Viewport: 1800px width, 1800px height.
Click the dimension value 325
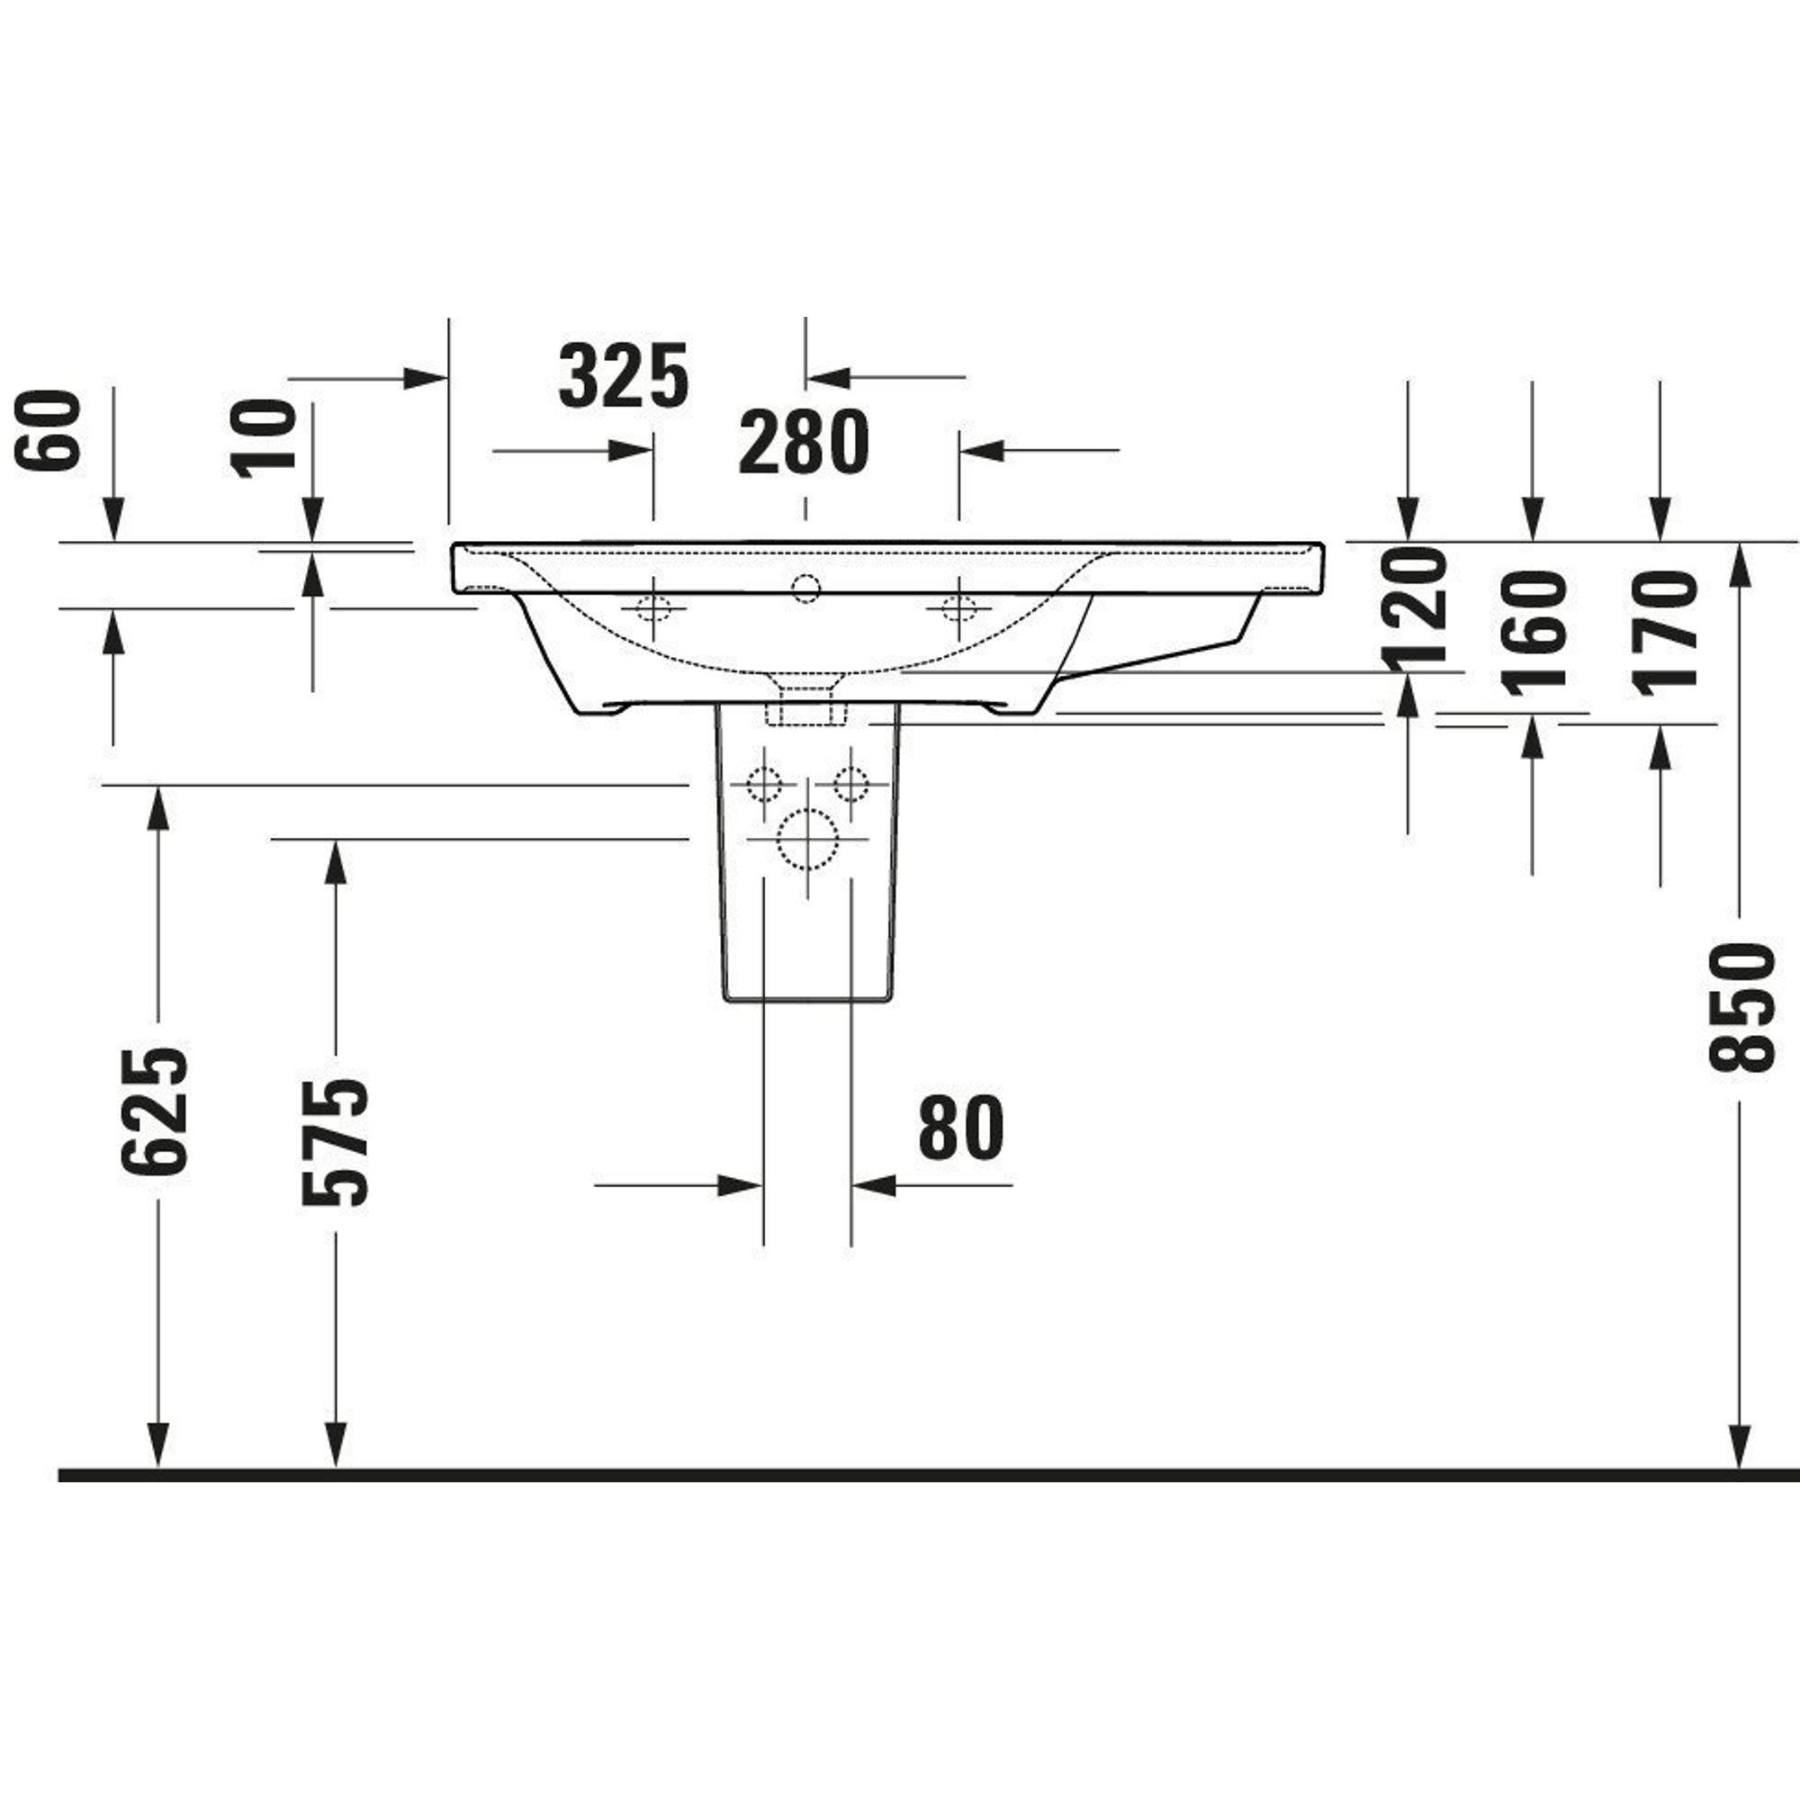coord(624,375)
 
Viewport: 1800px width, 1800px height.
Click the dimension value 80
coord(961,1128)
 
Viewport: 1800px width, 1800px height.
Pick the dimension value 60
coord(49,429)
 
